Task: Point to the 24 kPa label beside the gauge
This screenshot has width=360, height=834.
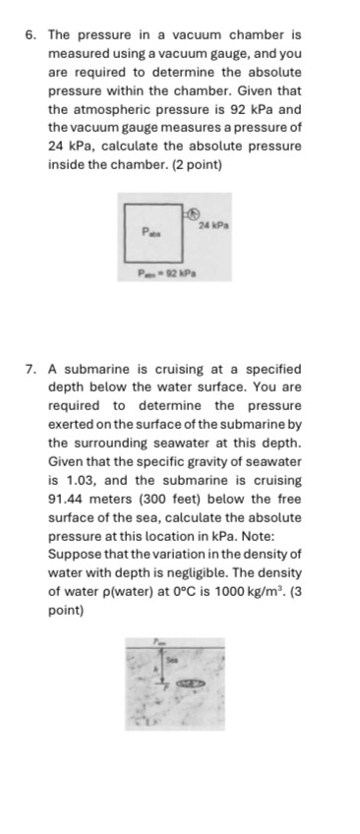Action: coord(212,226)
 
